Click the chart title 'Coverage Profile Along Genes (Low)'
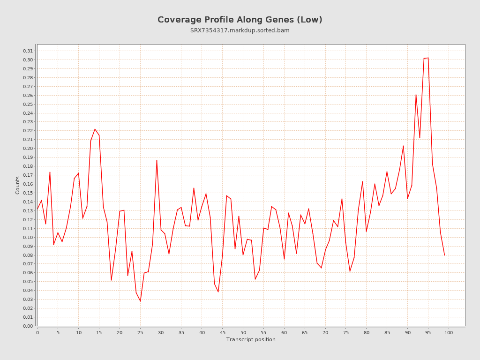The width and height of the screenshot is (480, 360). (x=240, y=20)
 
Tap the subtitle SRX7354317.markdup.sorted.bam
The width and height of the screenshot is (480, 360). (x=240, y=30)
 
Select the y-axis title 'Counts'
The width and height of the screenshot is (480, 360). (x=18, y=185)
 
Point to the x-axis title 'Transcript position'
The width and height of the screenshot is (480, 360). (x=251, y=339)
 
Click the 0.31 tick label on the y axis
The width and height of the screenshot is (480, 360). (x=28, y=51)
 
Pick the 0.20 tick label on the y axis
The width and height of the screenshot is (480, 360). (x=28, y=149)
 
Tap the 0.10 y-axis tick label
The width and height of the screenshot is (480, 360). (x=28, y=237)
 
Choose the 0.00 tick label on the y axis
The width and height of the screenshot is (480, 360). (x=28, y=326)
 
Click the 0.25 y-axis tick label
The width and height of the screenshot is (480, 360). (x=28, y=104)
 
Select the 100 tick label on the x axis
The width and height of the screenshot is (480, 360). (x=449, y=332)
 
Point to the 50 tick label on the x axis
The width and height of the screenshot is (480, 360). (x=243, y=332)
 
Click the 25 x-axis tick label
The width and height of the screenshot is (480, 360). (x=140, y=332)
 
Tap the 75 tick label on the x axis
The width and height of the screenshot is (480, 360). (x=346, y=332)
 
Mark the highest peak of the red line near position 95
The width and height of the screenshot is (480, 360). (x=428, y=58)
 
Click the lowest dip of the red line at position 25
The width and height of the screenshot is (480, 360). (x=140, y=301)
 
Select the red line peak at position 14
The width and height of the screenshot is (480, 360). (x=95, y=129)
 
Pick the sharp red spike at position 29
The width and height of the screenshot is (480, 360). (x=157, y=160)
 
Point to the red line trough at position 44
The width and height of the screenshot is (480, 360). (x=218, y=292)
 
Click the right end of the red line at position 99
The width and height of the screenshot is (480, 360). (x=444, y=255)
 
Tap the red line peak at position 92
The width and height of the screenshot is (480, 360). (x=416, y=95)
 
